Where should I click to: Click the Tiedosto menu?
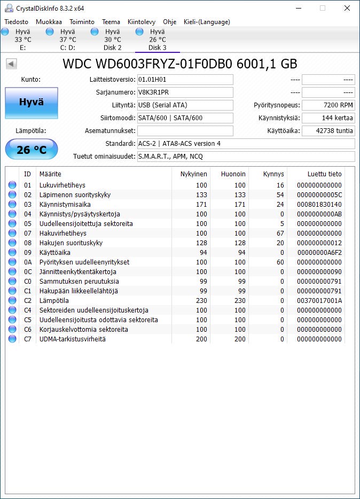pyautogui.click(x=16, y=22)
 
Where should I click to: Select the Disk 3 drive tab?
pyautogui.click(x=158, y=40)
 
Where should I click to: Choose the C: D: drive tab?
pyautogui.click(x=67, y=40)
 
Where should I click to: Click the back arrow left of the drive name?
pyautogui.click(x=11, y=64)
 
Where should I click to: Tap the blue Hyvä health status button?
pyautogui.click(x=32, y=103)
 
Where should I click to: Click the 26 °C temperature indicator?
pyautogui.click(x=32, y=150)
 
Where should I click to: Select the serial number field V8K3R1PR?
pyautogui.click(x=185, y=92)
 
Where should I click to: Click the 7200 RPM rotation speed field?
pyautogui.click(x=328, y=105)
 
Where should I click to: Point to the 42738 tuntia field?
pyautogui.click(x=328, y=131)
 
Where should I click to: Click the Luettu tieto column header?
pyautogui.click(x=324, y=174)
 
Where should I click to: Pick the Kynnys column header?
pyautogui.click(x=273, y=174)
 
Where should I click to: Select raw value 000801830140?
pyautogui.click(x=319, y=205)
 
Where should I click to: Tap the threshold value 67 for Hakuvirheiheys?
pyautogui.click(x=280, y=233)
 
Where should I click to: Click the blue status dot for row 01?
pyautogui.click(x=12, y=185)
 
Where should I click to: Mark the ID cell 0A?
pyautogui.click(x=28, y=262)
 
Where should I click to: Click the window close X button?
pyautogui.click(x=347, y=8)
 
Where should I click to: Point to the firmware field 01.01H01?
pyautogui.click(x=185, y=80)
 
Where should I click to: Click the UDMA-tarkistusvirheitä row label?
pyautogui.click(x=72, y=339)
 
